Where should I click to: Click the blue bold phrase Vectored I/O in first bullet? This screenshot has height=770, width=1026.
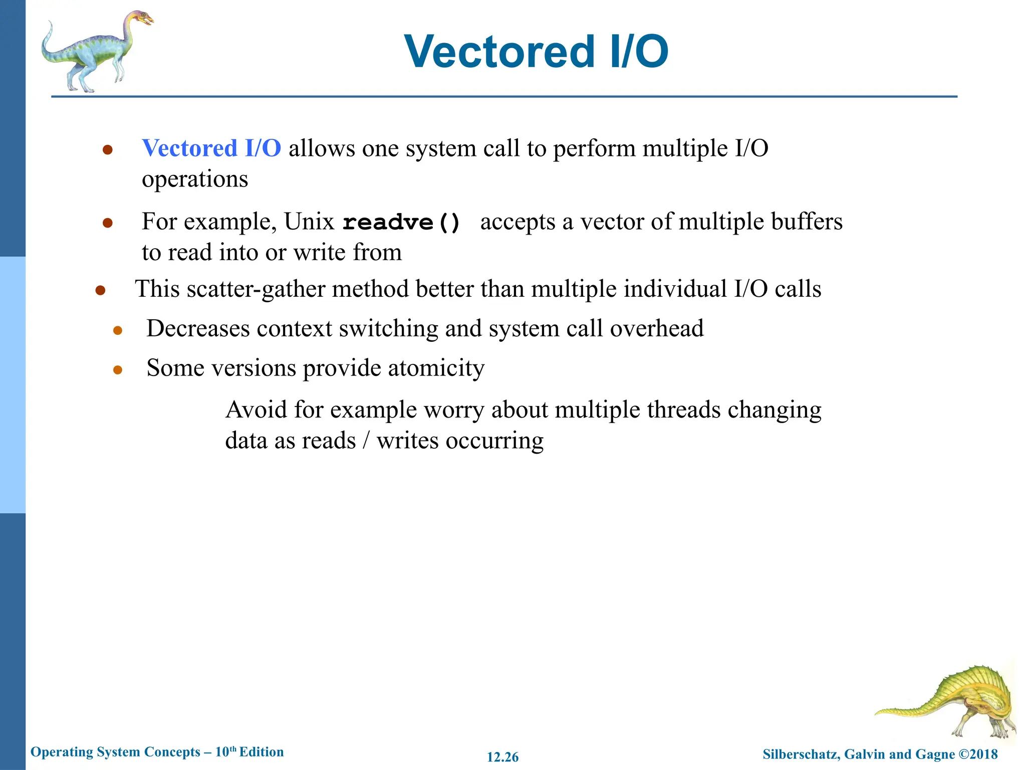[x=211, y=148]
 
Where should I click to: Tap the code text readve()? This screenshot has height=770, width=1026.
[x=401, y=222]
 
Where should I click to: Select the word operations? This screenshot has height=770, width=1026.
[x=195, y=179]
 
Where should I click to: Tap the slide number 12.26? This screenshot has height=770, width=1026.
[x=502, y=757]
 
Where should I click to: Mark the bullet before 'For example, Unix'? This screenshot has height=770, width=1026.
[x=107, y=223]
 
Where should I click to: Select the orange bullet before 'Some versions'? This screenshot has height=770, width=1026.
[x=118, y=370]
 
